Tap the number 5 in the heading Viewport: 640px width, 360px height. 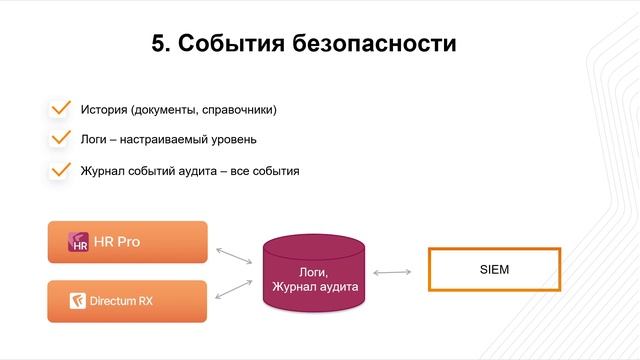point(161,44)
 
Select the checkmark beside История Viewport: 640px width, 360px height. point(60,107)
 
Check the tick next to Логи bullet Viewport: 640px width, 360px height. point(60,138)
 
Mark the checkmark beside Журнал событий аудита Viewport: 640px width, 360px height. point(60,169)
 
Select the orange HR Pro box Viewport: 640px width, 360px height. point(127,242)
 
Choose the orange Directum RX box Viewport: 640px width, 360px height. point(127,300)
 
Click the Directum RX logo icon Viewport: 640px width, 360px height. point(75,300)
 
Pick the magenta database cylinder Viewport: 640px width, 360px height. point(313,275)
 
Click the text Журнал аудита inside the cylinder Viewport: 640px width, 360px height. point(313,287)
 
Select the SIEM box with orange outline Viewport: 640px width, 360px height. point(494,269)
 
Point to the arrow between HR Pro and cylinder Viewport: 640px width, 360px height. point(235,250)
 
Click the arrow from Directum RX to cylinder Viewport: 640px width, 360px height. point(235,289)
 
